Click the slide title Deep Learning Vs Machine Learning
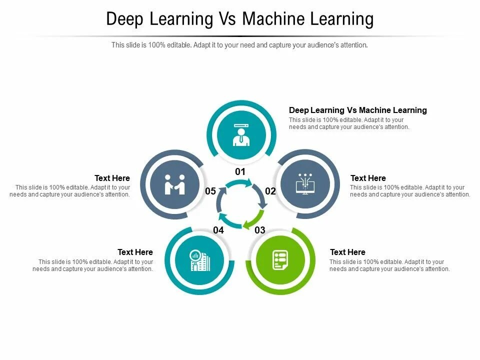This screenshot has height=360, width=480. [240, 19]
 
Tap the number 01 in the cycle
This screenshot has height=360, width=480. [240, 171]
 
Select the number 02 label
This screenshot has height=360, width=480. [270, 191]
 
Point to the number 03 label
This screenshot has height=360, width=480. [260, 230]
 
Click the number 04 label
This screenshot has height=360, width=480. [218, 230]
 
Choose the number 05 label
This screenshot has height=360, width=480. [210, 191]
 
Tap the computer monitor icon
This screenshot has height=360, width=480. [304, 184]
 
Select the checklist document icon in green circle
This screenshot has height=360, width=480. [279, 260]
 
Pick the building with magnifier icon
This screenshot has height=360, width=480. [200, 260]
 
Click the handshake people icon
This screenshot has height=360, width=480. [175, 184]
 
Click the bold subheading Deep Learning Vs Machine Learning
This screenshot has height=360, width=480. [357, 110]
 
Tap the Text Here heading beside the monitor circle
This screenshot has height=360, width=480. [368, 178]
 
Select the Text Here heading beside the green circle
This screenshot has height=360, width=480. [347, 252]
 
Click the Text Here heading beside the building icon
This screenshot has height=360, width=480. [135, 252]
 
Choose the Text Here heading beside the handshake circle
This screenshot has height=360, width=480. [112, 178]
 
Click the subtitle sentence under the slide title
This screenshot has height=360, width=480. [239, 45]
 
